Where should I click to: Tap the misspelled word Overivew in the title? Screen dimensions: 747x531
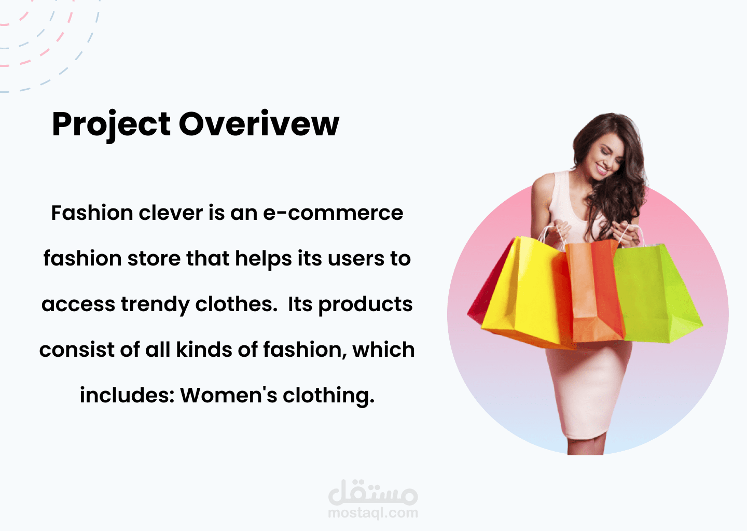(259, 123)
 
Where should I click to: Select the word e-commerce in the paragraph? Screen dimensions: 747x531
(333, 213)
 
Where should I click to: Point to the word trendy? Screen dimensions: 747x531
(155, 305)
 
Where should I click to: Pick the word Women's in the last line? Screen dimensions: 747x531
(228, 395)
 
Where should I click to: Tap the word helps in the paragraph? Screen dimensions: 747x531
(264, 259)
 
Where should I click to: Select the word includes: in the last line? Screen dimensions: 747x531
(127, 395)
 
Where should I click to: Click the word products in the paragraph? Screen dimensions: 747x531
(366, 305)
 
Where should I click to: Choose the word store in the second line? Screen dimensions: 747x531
(154, 259)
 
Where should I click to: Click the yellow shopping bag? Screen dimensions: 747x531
(527, 294)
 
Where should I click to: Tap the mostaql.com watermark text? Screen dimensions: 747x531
(373, 513)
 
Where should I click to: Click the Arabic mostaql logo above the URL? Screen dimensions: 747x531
(373, 492)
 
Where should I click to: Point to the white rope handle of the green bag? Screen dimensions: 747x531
(631, 235)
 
